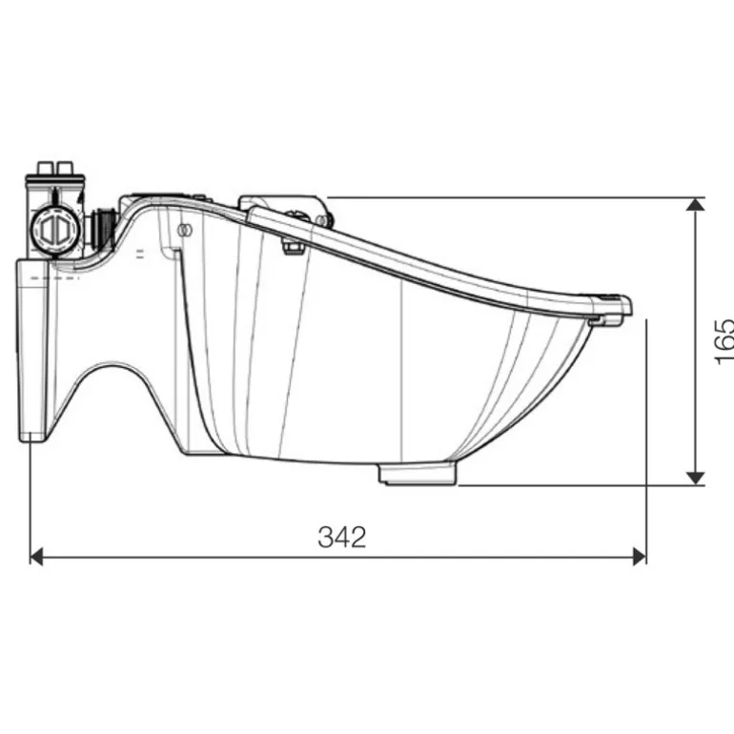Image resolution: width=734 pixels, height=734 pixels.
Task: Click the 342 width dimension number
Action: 341,537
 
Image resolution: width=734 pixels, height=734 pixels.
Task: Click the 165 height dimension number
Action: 724,340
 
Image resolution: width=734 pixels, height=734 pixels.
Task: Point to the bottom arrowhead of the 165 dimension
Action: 696,476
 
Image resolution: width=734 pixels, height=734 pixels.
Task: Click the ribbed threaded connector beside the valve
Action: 99,227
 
